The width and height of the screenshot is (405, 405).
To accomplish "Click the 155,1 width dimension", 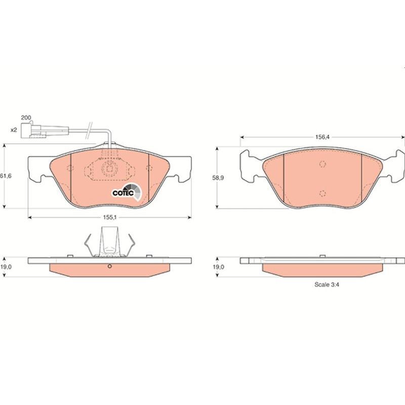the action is pos(110,218).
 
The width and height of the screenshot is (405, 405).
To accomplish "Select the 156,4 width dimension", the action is pos(322,137).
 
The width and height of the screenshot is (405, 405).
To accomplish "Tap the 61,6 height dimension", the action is pos(6,176).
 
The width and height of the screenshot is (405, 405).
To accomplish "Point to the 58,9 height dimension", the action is pos(218,178).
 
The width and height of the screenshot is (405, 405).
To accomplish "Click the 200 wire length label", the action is pos(26,118).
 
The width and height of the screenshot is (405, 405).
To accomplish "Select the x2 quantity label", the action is pos(14,130).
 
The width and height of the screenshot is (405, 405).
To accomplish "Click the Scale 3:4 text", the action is pos(327,285).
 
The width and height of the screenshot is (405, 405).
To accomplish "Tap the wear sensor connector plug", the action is pos(33,131).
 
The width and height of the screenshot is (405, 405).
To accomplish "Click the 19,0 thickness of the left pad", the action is pos(6,267).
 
